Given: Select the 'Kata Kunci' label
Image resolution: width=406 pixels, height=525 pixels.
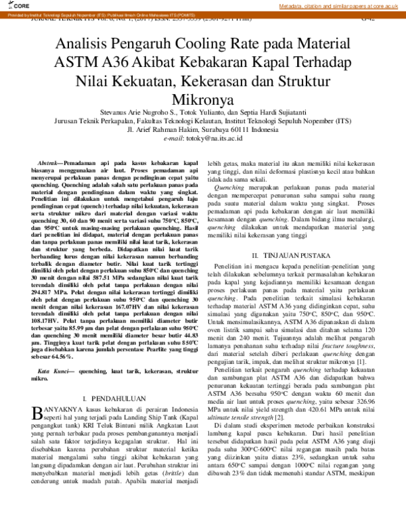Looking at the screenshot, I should click(x=53, y=372).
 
